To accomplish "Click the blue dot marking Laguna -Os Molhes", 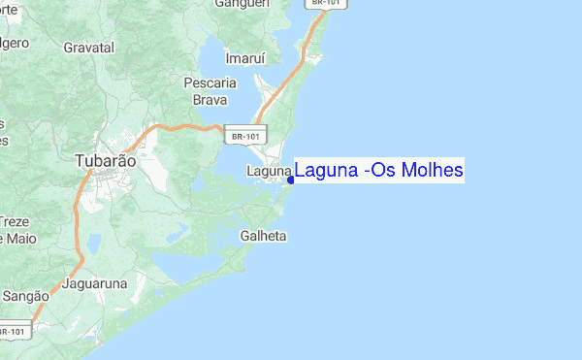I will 291,180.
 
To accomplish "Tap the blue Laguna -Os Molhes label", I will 379,171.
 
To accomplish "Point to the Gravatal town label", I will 88,47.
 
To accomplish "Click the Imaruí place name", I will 244,58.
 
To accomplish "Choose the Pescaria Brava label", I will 210,91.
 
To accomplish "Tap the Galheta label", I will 263,236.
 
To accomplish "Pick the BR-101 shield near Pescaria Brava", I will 244,137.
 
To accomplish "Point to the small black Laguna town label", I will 269,172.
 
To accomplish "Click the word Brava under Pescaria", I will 210,99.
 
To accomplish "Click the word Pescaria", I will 210,83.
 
